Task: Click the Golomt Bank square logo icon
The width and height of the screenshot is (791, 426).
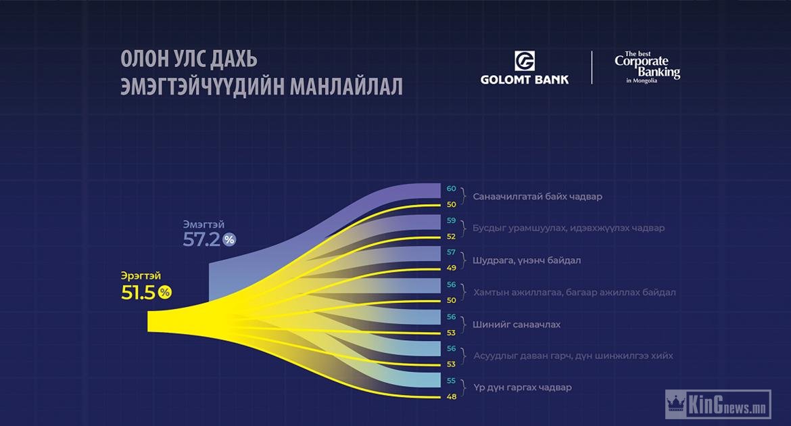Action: [x=524, y=61]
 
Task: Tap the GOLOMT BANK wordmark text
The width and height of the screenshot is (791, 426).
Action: [x=525, y=80]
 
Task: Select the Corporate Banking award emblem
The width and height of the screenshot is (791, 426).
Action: [x=647, y=67]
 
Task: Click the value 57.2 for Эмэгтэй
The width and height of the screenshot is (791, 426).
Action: [x=201, y=239]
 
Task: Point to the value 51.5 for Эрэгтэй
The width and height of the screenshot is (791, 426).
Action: [x=138, y=292]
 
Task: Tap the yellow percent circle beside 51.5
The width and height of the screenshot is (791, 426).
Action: [x=165, y=291]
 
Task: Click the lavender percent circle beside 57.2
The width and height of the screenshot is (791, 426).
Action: [x=230, y=239]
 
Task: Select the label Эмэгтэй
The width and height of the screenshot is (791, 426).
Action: [x=203, y=224]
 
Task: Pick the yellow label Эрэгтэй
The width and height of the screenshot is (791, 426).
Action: [x=141, y=276]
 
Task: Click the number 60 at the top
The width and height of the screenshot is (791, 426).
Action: [x=451, y=189]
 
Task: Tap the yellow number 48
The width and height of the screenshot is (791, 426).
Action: [x=452, y=397]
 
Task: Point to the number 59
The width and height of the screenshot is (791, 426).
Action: [x=451, y=220]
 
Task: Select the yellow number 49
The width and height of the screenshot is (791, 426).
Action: [x=452, y=268]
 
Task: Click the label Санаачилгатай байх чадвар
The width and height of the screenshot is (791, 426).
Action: [x=537, y=196]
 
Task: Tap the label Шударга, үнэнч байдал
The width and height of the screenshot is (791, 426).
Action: [x=527, y=260]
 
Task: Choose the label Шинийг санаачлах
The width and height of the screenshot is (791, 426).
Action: [x=517, y=325]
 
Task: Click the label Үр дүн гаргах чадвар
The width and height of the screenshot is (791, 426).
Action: [x=523, y=387]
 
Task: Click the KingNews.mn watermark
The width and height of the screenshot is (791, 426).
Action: [x=719, y=404]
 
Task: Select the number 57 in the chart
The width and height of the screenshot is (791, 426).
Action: [x=451, y=252]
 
